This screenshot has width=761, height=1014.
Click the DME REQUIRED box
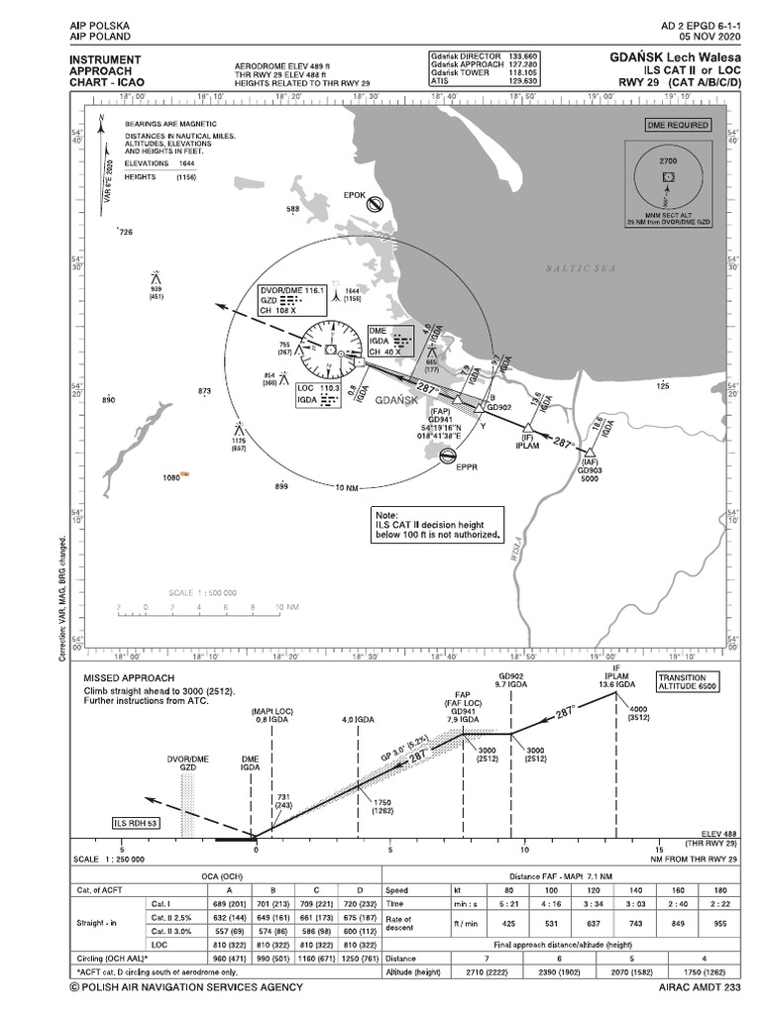678,126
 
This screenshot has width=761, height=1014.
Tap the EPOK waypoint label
355,195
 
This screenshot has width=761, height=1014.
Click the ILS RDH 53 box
138,822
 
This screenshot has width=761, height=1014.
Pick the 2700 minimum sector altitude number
668,159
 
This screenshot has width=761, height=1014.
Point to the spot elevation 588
292,209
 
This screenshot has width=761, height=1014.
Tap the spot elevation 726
125,232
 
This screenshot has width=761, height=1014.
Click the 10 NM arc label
347,488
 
